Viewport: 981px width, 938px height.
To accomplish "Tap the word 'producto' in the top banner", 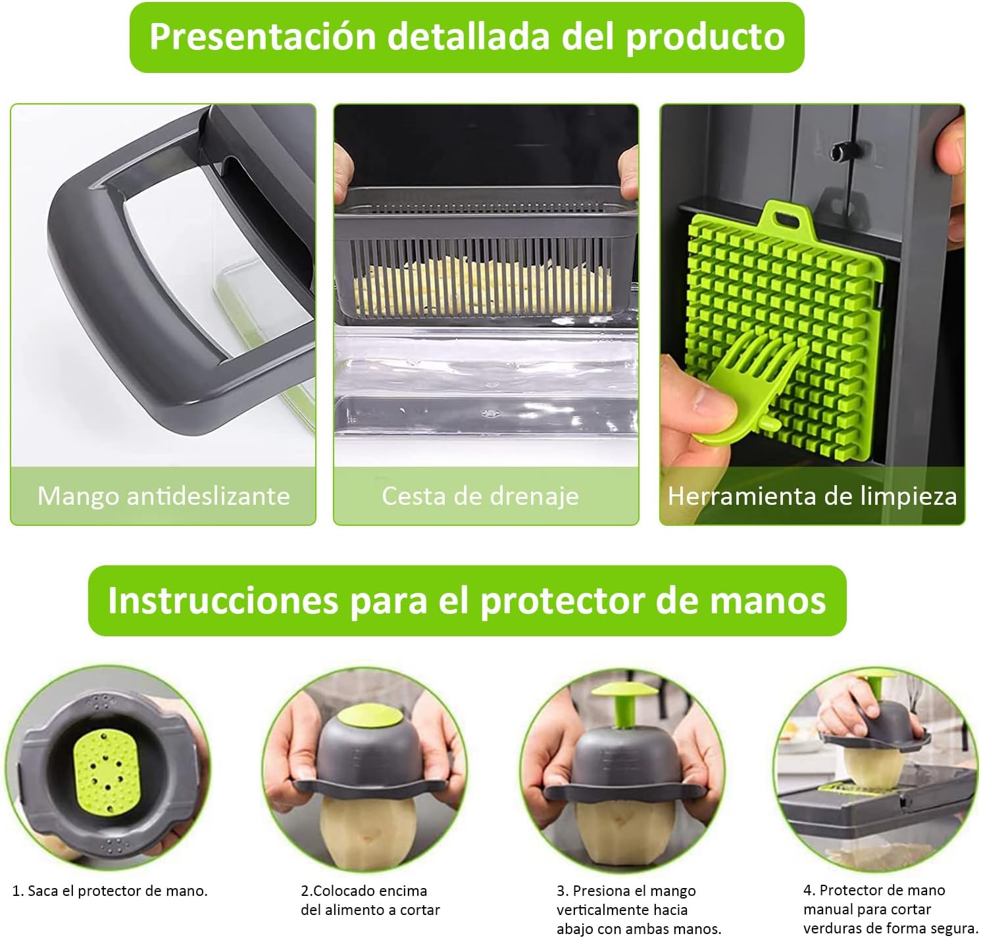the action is pyautogui.click(x=705, y=37).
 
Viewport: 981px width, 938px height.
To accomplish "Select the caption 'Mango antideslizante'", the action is pyautogui.click(x=164, y=496).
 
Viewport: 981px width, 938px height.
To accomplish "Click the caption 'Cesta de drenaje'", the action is pyautogui.click(x=480, y=496).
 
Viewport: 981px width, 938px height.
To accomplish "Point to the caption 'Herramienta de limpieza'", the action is pyautogui.click(x=813, y=496).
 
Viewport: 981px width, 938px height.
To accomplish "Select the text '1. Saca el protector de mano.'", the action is pyautogui.click(x=110, y=891).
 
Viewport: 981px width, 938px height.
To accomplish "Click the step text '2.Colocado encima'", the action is pyautogui.click(x=364, y=891).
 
